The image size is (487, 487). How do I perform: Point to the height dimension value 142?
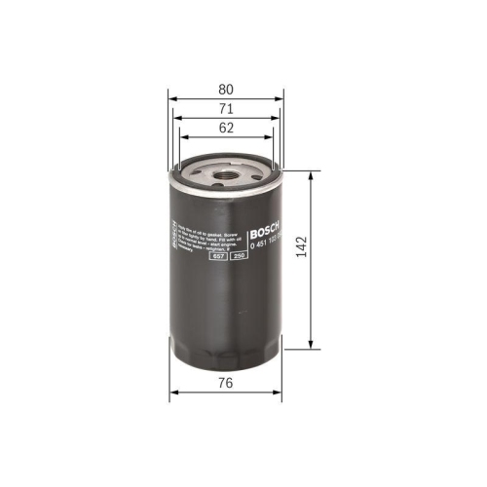331,259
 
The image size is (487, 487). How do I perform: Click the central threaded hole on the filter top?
226,178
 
